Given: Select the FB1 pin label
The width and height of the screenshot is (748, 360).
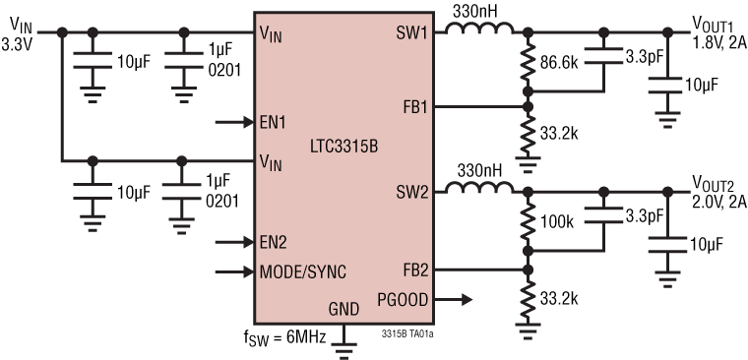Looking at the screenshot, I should [413, 107].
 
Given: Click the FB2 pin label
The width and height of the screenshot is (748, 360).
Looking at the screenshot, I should [413, 268].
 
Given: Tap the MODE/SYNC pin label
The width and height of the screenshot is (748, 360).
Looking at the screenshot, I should [302, 271].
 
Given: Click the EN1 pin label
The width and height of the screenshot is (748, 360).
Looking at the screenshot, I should [275, 124].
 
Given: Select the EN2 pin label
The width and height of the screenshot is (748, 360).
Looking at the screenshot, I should [275, 241].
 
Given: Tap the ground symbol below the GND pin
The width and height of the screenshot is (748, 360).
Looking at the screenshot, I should [343, 343].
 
